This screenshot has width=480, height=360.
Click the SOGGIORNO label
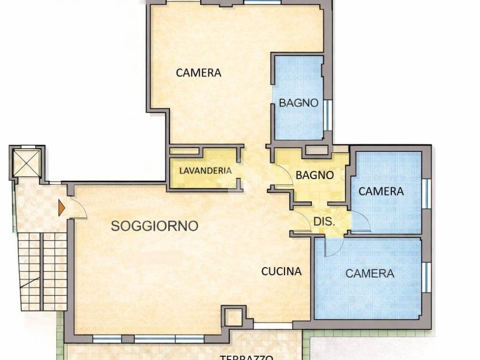pyautogui.click(x=154, y=226)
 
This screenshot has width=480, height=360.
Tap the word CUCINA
pyautogui.click(x=281, y=271)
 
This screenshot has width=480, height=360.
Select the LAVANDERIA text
pyautogui.click(x=205, y=171)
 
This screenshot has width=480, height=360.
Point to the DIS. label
pyautogui.click(x=324, y=222)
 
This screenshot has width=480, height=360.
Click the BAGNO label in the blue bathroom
pyautogui.click(x=299, y=103)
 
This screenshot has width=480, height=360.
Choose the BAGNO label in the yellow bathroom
pyautogui.click(x=315, y=175)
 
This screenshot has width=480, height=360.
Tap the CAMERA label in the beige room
pyautogui.click(x=198, y=73)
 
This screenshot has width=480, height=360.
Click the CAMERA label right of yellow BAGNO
pyautogui.click(x=381, y=191)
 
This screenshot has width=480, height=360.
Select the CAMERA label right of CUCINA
pyautogui.click(x=369, y=273)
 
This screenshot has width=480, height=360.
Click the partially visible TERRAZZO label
pyautogui.click(x=247, y=357)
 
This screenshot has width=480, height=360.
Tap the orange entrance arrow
pyautogui.click(x=61, y=208)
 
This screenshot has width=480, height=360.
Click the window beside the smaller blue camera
pyautogui.click(x=426, y=193)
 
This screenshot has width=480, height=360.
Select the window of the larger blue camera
pyautogui.click(x=426, y=276)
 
